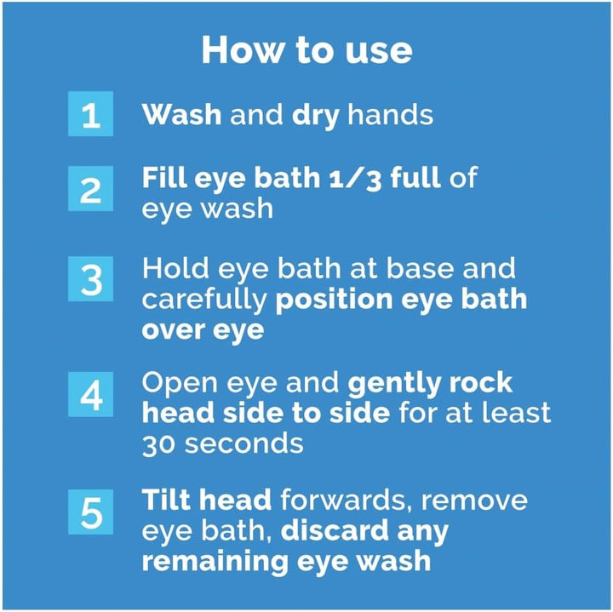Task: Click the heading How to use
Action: point(306,50)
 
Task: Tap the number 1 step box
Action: point(90,115)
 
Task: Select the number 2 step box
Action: point(90,190)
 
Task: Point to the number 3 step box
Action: point(90,279)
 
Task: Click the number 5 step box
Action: point(90,513)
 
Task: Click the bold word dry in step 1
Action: point(316,114)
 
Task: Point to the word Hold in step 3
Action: point(171,268)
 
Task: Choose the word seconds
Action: point(245,443)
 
